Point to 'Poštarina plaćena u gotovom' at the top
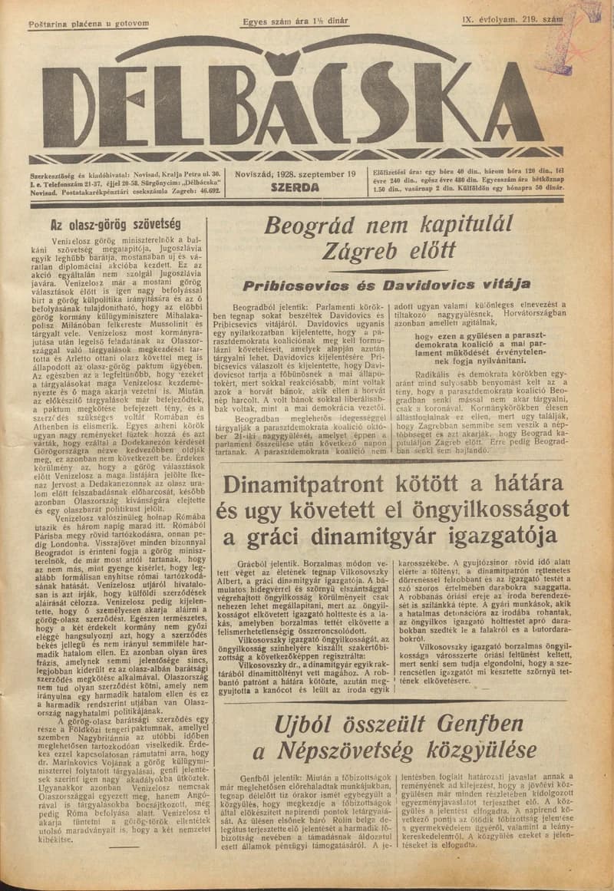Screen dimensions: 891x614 pyautogui.click(x=87, y=24)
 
